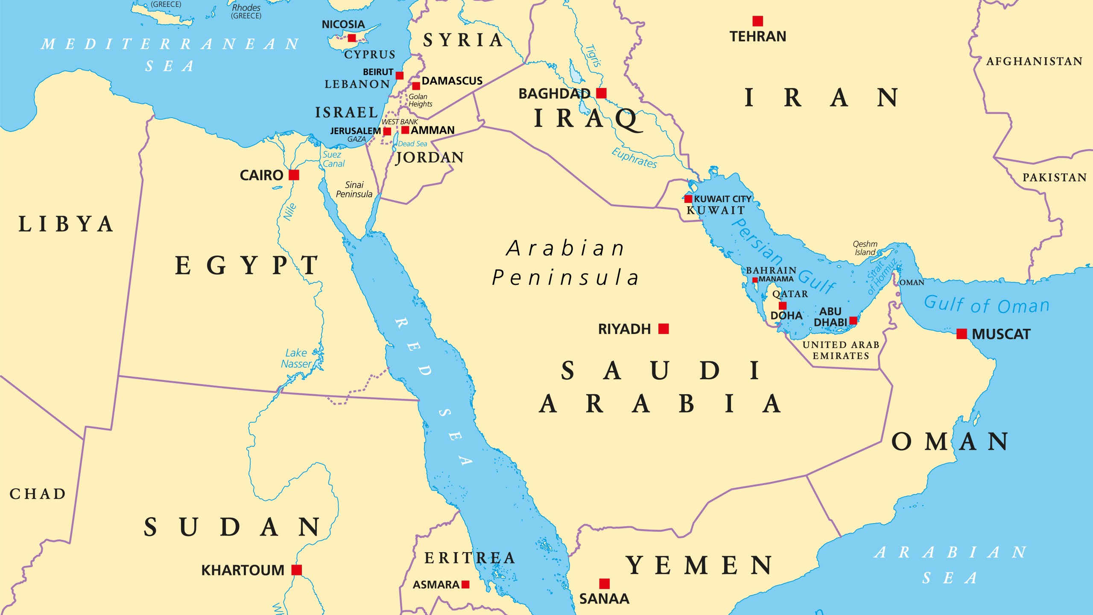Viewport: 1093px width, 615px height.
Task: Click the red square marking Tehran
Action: [757, 21]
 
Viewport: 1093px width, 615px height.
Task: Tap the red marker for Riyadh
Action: [663, 328]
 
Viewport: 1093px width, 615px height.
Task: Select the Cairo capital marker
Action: [294, 175]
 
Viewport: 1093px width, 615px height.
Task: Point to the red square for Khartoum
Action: [297, 570]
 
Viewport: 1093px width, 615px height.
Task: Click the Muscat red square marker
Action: [961, 334]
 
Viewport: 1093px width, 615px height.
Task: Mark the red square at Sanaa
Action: [604, 583]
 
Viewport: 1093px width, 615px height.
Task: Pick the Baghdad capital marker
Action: [601, 93]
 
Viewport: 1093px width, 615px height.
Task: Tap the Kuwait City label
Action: [722, 199]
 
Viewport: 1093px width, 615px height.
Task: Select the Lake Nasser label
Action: [296, 358]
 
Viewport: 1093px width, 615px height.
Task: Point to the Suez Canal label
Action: [333, 159]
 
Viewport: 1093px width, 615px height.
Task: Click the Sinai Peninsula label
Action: [354, 189]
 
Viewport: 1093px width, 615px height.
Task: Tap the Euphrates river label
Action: [634, 158]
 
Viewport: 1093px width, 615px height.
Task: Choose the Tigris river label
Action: [593, 56]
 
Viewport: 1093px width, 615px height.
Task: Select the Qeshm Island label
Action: [865, 248]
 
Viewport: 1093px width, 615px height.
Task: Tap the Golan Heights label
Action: [420, 100]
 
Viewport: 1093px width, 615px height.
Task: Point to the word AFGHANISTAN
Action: [1034, 61]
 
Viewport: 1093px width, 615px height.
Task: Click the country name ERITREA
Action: [470, 558]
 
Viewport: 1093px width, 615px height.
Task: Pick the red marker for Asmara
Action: [465, 584]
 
